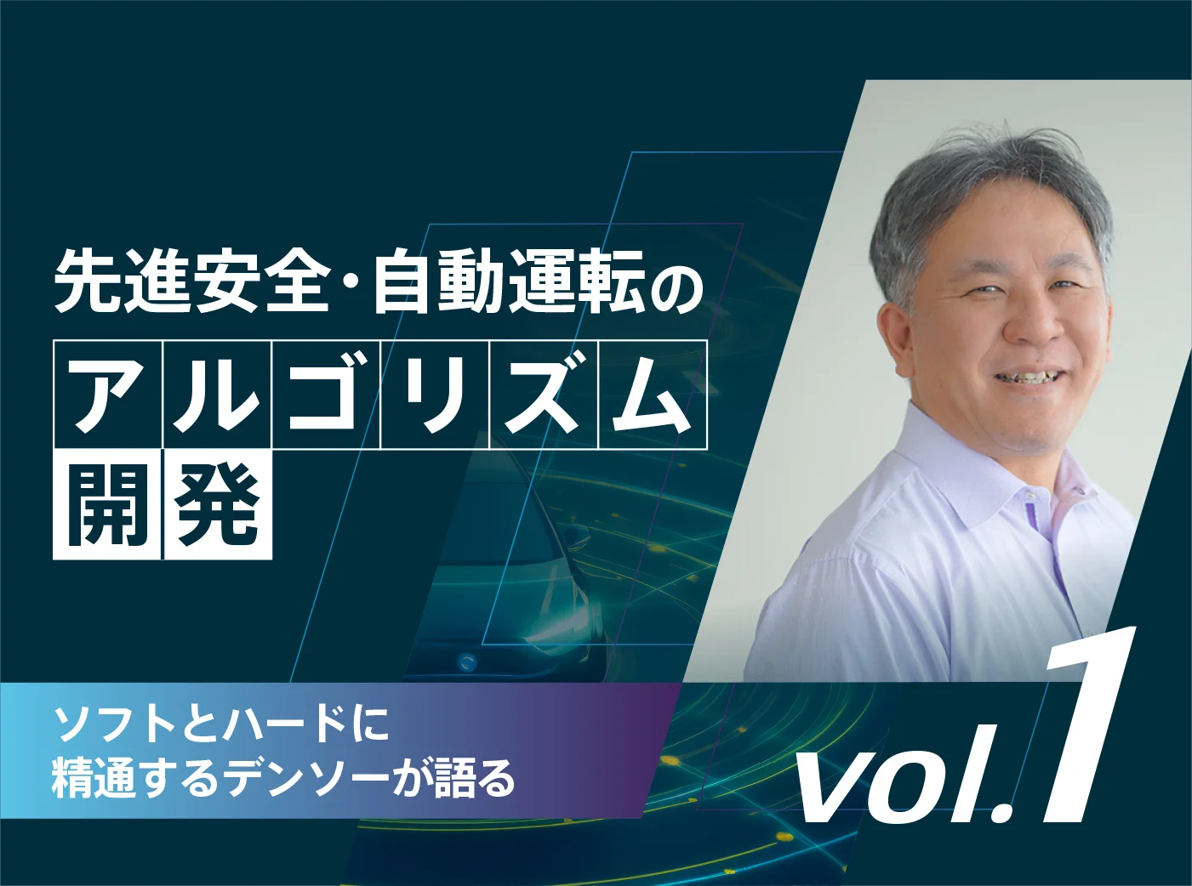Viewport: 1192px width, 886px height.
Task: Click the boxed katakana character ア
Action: pyautogui.click(x=106, y=394)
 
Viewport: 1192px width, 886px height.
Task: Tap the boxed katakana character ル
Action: pyautogui.click(x=216, y=394)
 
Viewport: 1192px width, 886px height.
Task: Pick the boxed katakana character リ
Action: pyautogui.click(x=435, y=394)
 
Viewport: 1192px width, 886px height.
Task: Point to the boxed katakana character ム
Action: pyautogui.click(x=653, y=394)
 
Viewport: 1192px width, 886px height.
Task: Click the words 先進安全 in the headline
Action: pyautogui.click(x=191, y=283)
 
